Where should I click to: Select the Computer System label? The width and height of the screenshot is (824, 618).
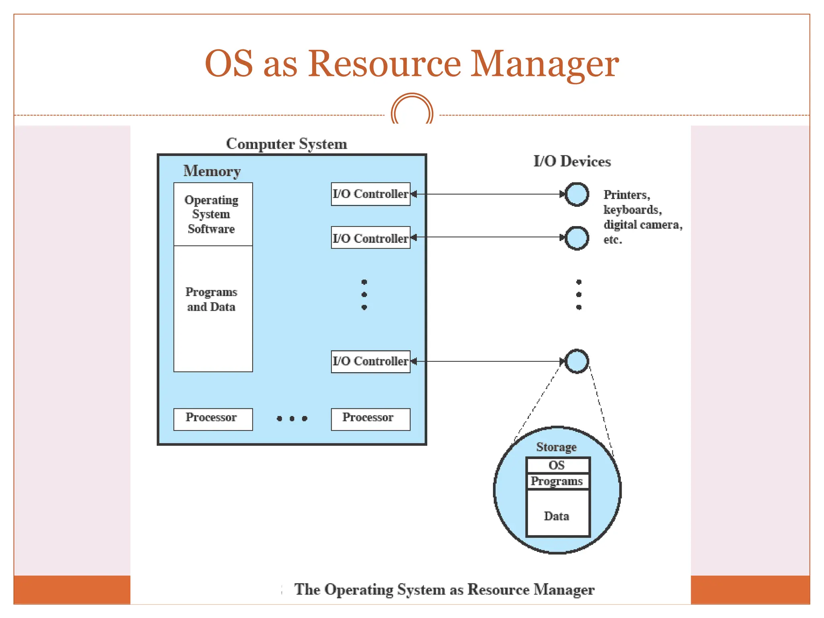[286, 144]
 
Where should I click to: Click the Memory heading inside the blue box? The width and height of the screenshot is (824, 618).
[212, 171]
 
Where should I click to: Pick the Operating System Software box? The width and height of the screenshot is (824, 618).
[213, 214]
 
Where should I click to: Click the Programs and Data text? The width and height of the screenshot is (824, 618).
[211, 299]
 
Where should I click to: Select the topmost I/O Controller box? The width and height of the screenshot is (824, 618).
[370, 194]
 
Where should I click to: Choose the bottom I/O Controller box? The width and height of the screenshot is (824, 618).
[370, 361]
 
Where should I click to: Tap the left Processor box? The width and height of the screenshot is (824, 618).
[213, 419]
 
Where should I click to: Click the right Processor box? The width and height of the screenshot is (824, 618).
[370, 419]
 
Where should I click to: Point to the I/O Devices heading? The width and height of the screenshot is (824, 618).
[572, 161]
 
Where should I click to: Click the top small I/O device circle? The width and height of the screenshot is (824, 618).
[577, 194]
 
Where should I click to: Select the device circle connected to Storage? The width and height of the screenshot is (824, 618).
[577, 361]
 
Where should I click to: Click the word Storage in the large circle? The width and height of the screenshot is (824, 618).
[556, 447]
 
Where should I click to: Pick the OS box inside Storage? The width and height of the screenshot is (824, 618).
[557, 465]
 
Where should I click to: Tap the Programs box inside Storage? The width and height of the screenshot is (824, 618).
[557, 481]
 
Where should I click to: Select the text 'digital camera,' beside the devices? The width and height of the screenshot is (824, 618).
[643, 225]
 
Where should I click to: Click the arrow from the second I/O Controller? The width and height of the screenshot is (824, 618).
[487, 237]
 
